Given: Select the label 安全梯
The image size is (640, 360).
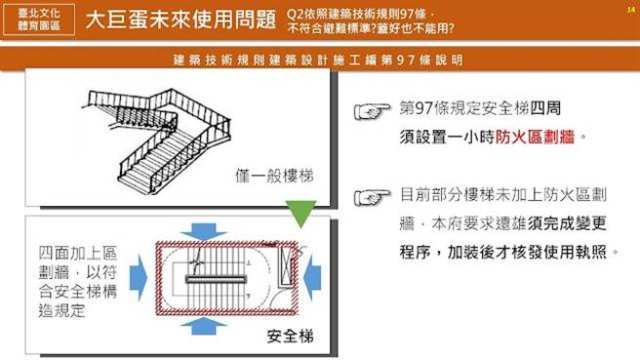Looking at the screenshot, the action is click(290, 337).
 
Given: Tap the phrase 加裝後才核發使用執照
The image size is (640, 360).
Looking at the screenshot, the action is click(531, 252).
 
